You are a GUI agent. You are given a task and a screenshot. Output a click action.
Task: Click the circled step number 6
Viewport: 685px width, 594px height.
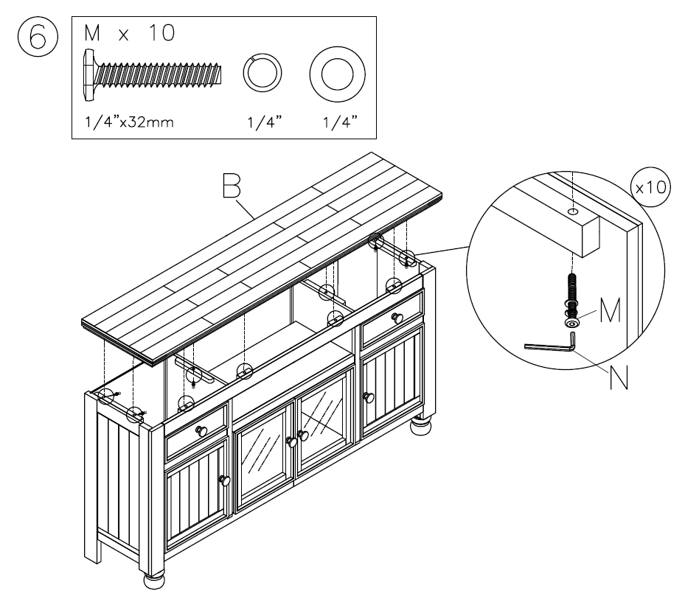click(32, 37)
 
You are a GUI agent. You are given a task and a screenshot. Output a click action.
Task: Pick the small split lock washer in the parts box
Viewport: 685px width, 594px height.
click(262, 74)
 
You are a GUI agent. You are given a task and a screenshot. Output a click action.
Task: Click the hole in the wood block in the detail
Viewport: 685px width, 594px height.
click(573, 212)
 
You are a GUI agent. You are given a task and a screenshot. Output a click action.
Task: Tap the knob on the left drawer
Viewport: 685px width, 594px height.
click(200, 430)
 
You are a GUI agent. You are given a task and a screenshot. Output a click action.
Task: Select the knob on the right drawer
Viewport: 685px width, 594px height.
click(397, 318)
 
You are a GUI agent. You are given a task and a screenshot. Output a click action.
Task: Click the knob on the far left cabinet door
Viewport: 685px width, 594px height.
click(225, 480)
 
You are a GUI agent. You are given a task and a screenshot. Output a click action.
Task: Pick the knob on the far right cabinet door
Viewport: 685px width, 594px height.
click(369, 398)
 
